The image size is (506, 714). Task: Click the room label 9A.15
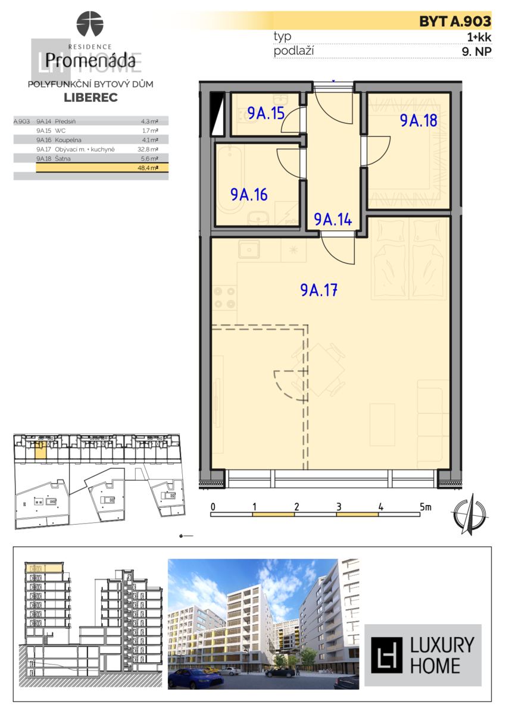[x=266, y=113]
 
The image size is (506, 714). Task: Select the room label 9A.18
[x=418, y=120]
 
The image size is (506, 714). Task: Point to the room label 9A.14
[x=333, y=219]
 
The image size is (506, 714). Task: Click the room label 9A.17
[x=320, y=290]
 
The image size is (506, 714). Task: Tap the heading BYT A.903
[x=455, y=21]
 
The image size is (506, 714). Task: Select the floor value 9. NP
[x=476, y=51]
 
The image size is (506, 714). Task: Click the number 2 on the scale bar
[x=296, y=507]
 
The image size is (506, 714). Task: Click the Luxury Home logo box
[x=423, y=655]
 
